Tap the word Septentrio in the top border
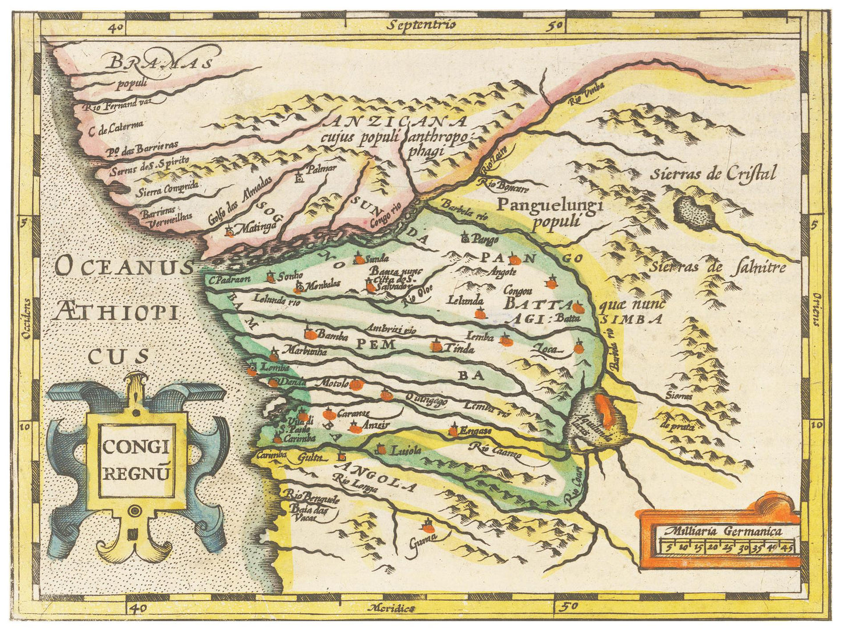point(423,24)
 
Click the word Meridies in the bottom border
point(392,608)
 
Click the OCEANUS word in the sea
point(123,268)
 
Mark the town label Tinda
point(459,349)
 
